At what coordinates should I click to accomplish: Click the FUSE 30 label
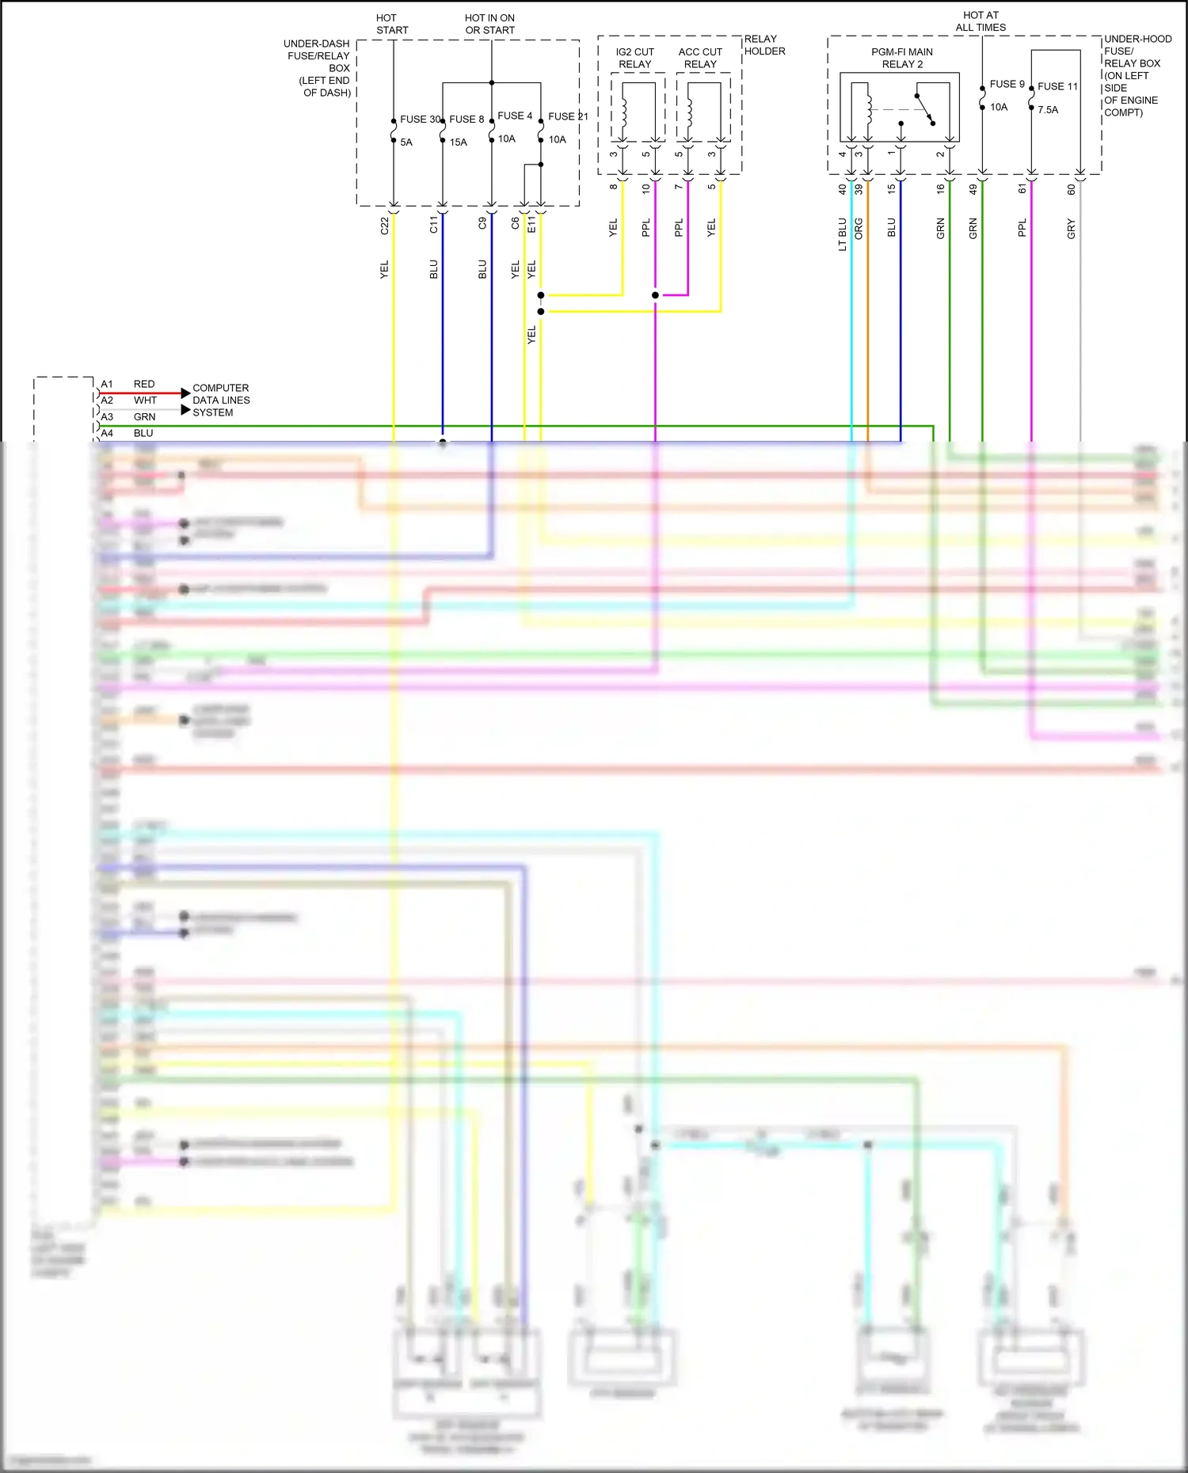click(419, 120)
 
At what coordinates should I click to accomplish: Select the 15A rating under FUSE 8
click(458, 142)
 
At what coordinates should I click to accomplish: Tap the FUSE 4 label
click(515, 116)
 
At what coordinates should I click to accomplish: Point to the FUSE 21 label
click(567, 117)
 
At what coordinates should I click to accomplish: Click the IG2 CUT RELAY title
click(635, 58)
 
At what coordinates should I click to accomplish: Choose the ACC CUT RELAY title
click(700, 58)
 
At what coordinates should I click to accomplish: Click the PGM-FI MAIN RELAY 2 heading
click(902, 58)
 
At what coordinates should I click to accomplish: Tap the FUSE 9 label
click(1007, 84)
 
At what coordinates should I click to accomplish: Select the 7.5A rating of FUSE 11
click(1048, 110)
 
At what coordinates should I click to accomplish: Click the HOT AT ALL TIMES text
click(980, 21)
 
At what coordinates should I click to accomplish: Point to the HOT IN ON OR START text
click(489, 24)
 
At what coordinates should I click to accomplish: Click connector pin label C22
click(385, 226)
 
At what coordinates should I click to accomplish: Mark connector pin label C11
click(434, 225)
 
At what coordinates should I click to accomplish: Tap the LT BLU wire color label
click(843, 234)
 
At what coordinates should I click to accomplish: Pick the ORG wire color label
click(859, 230)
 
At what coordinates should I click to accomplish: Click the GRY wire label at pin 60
click(1072, 230)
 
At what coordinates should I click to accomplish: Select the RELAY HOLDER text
click(764, 45)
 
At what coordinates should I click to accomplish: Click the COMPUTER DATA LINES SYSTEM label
click(221, 401)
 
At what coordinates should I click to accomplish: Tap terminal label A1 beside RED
click(107, 385)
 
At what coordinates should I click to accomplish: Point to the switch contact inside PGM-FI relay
click(925, 109)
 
